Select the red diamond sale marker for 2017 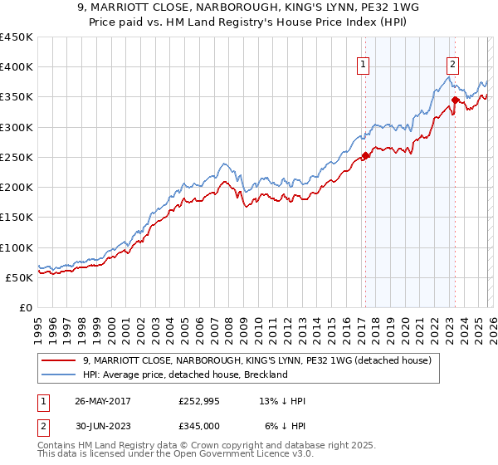365,155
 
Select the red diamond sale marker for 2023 455,100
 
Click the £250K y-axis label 17,157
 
